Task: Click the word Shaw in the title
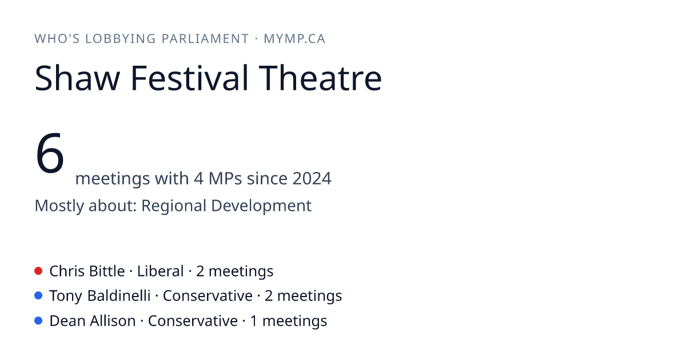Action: [77, 78]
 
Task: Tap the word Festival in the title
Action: [189, 78]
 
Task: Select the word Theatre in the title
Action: [320, 78]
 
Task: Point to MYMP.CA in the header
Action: [294, 39]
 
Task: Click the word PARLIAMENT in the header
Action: [205, 39]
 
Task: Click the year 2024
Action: [312, 178]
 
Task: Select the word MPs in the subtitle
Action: [225, 178]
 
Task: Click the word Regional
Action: [174, 206]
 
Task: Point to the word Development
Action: [261, 206]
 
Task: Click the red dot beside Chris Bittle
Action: [38, 271]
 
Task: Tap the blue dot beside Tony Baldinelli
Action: [38, 295]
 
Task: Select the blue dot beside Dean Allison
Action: [38, 321]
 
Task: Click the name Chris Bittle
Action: [87, 271]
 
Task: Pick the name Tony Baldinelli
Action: [100, 296]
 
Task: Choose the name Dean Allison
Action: [93, 321]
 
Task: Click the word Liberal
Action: [160, 271]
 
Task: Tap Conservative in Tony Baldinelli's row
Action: [208, 296]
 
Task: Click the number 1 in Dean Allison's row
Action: [254, 321]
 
